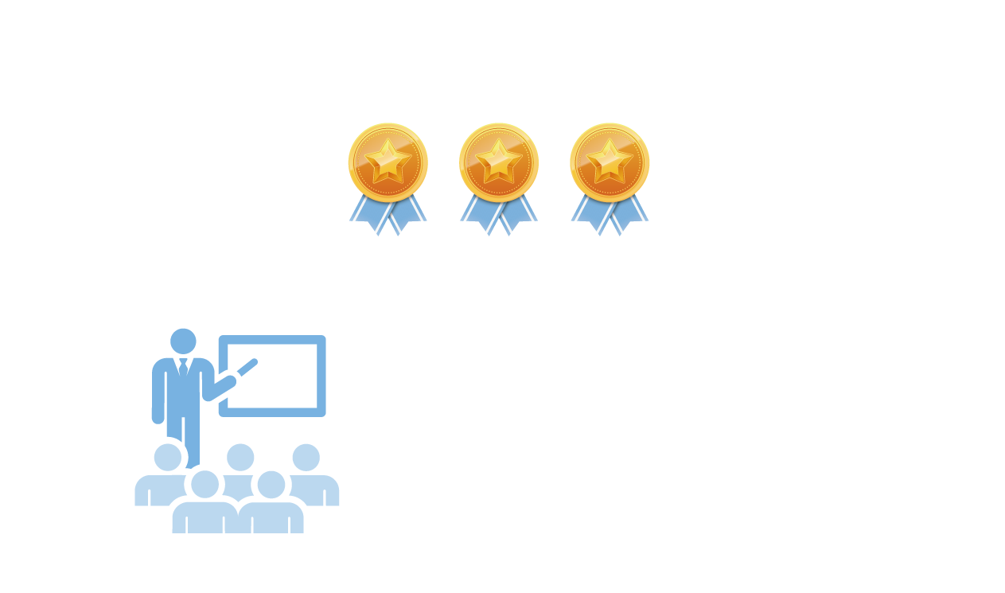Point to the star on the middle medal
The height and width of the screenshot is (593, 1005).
coord(499,158)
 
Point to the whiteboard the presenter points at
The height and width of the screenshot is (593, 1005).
coord(272,375)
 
